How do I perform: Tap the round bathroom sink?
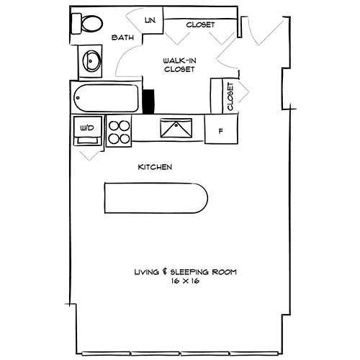pyautogui.click(x=92, y=60)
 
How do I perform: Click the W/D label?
pyautogui.click(x=88, y=128)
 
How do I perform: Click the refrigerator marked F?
pyautogui.click(x=220, y=131)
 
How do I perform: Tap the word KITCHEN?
pyautogui.click(x=155, y=167)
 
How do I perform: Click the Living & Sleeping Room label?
pyautogui.click(x=185, y=272)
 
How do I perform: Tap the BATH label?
pyautogui.click(x=120, y=39)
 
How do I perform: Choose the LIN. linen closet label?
pyautogui.click(x=151, y=20)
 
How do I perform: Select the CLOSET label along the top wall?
pyautogui.click(x=200, y=24)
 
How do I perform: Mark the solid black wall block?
pyautogui.click(x=150, y=101)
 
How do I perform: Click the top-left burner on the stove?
pyautogui.click(x=113, y=125)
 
